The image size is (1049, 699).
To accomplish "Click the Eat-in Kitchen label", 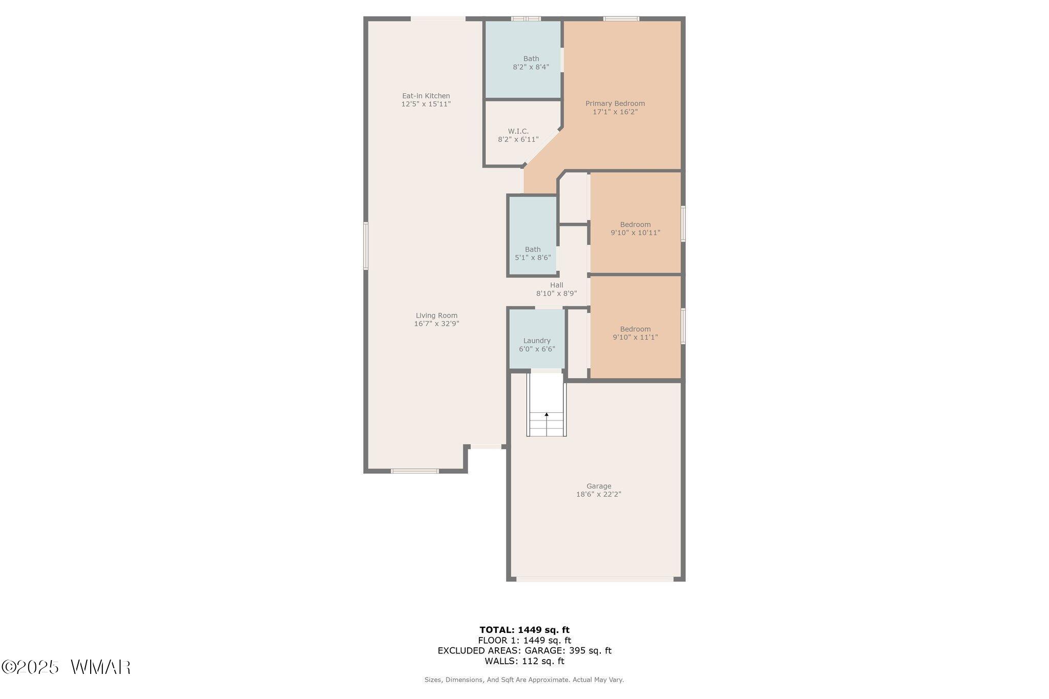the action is click(426, 96).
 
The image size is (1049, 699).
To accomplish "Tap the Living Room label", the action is click(436, 315).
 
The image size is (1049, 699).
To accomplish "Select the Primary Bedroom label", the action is click(615, 103).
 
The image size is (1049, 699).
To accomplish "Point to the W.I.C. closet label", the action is click(518, 131).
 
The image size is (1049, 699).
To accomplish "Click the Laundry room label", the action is click(537, 341).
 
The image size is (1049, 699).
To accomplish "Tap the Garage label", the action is click(599, 486).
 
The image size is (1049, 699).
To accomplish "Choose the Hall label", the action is click(557, 285).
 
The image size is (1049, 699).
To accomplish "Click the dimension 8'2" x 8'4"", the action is click(531, 67).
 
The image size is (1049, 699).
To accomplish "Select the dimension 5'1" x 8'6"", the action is click(533, 258).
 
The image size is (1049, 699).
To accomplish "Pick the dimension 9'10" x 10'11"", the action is click(636, 232).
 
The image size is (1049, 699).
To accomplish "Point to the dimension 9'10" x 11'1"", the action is click(636, 337).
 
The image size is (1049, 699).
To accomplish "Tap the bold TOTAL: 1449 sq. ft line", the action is click(524, 630).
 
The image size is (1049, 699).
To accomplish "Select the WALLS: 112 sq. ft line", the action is click(524, 661).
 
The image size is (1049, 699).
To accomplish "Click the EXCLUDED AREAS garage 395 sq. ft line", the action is click(524, 651).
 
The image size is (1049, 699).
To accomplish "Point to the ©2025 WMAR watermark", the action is click(66, 667).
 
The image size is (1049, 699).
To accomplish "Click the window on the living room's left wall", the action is click(366, 245).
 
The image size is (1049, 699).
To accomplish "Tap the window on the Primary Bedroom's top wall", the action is click(621, 19).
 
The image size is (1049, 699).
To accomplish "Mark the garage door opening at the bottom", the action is click(595, 579).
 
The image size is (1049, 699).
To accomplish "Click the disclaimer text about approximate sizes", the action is click(524, 680).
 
